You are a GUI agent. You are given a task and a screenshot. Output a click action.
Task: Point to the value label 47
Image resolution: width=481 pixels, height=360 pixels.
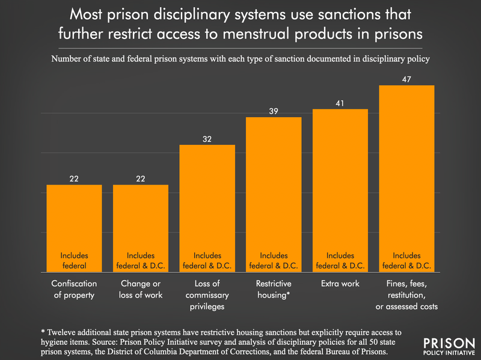point(406,79)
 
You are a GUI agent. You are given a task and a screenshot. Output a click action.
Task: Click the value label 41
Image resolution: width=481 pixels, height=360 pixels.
point(340,102)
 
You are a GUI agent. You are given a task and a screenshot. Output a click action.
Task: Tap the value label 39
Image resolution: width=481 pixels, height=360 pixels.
point(274,110)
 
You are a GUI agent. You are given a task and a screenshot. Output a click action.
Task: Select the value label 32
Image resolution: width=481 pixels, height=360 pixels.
point(207,138)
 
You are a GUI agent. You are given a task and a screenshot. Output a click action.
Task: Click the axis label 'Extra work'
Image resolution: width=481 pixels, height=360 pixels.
point(340,284)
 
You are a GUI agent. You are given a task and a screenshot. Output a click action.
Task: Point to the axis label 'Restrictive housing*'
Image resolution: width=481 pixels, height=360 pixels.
point(274,289)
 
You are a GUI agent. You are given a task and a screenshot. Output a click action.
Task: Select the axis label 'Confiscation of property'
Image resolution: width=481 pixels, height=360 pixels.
point(74,289)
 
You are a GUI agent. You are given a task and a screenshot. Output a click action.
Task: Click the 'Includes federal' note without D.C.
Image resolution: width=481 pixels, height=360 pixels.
point(74,260)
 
